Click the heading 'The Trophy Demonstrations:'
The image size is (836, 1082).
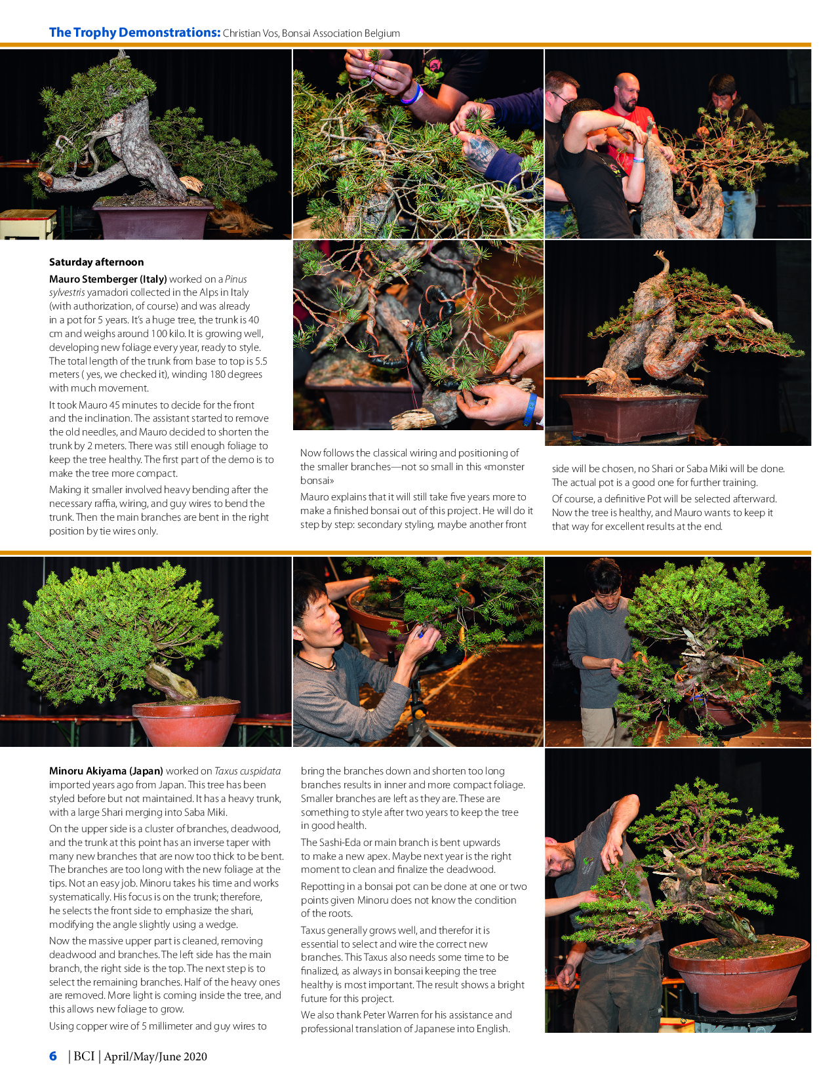134,32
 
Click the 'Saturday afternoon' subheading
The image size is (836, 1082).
96,262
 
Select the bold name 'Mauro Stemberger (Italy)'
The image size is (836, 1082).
108,279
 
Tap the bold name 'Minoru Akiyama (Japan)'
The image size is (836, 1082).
106,771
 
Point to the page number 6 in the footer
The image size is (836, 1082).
53,1056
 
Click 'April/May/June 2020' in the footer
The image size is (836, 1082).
155,1056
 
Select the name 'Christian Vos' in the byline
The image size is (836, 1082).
250,33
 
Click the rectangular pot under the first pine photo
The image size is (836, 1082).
152,220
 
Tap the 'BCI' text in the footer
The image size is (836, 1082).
84,1056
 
